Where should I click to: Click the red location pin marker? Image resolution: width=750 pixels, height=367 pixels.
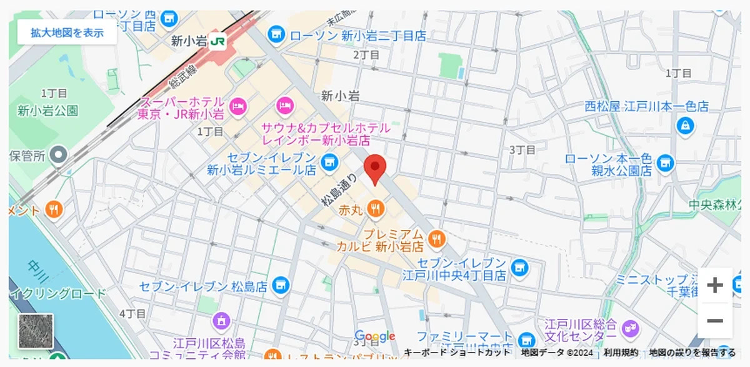[x=375, y=168]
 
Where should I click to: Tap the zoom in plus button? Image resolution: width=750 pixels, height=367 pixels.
[x=714, y=286]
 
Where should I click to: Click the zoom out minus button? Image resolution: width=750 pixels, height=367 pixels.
[x=714, y=321]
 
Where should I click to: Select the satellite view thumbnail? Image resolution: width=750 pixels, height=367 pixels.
[x=36, y=331]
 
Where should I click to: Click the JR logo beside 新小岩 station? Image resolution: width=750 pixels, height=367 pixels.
[x=217, y=41]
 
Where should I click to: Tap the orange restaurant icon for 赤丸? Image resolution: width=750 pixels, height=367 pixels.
[x=375, y=209]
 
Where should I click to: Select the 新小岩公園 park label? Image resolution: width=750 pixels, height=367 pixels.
[x=48, y=111]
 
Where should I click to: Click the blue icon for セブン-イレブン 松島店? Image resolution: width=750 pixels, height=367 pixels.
[x=281, y=286]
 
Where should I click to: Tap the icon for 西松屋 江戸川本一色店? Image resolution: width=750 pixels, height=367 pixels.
[x=686, y=126]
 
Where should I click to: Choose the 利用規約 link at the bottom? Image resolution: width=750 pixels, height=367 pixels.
[x=621, y=353]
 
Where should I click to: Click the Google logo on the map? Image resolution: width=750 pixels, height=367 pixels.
[x=375, y=336]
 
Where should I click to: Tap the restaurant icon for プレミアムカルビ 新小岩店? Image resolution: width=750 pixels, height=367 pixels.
[x=436, y=238]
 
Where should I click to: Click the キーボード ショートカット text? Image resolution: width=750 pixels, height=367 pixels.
[x=457, y=353]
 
